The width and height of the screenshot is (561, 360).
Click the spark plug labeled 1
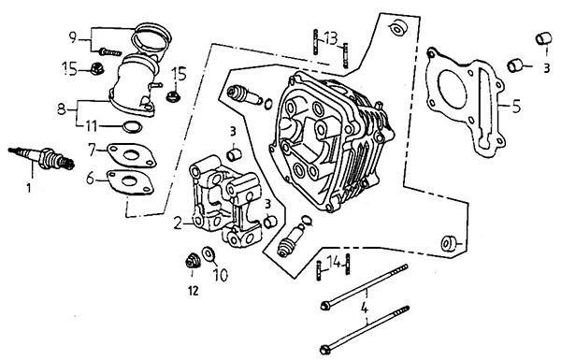[x=42, y=157]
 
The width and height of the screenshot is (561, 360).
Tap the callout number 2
[x=178, y=224]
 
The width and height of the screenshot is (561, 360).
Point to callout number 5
[x=516, y=107]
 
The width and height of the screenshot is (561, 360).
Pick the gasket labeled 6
[x=131, y=182]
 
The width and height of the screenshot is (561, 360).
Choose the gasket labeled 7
[x=131, y=155]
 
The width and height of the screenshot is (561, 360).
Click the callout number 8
[x=62, y=108]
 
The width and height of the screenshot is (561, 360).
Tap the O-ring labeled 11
[x=132, y=126]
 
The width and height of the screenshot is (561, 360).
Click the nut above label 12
[x=193, y=260]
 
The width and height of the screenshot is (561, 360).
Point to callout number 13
[x=331, y=38]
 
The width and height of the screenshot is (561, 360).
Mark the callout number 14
[x=335, y=263]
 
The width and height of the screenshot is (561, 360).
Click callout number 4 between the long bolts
[x=365, y=308]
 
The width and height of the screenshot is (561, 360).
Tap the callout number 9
[x=73, y=37]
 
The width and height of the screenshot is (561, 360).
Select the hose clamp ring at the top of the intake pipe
[x=151, y=38]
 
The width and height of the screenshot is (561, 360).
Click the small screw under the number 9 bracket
[x=109, y=52]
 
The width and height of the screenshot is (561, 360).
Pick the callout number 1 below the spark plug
[x=29, y=187]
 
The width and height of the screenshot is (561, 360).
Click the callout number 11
[x=91, y=126]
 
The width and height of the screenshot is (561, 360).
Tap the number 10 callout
[x=221, y=275]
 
